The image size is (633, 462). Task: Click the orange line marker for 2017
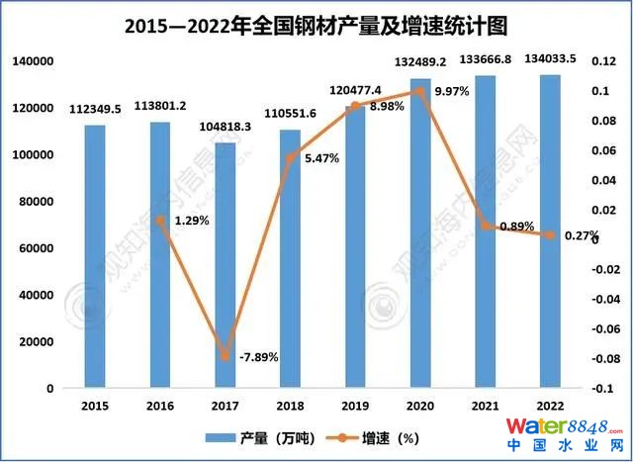(x=226, y=356)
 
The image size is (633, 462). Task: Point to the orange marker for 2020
(x=420, y=91)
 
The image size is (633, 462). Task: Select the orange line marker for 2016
(x=160, y=220)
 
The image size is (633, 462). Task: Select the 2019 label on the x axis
(x=355, y=406)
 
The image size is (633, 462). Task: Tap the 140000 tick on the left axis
(x=33, y=61)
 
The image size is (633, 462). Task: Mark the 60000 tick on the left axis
(x=37, y=248)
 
